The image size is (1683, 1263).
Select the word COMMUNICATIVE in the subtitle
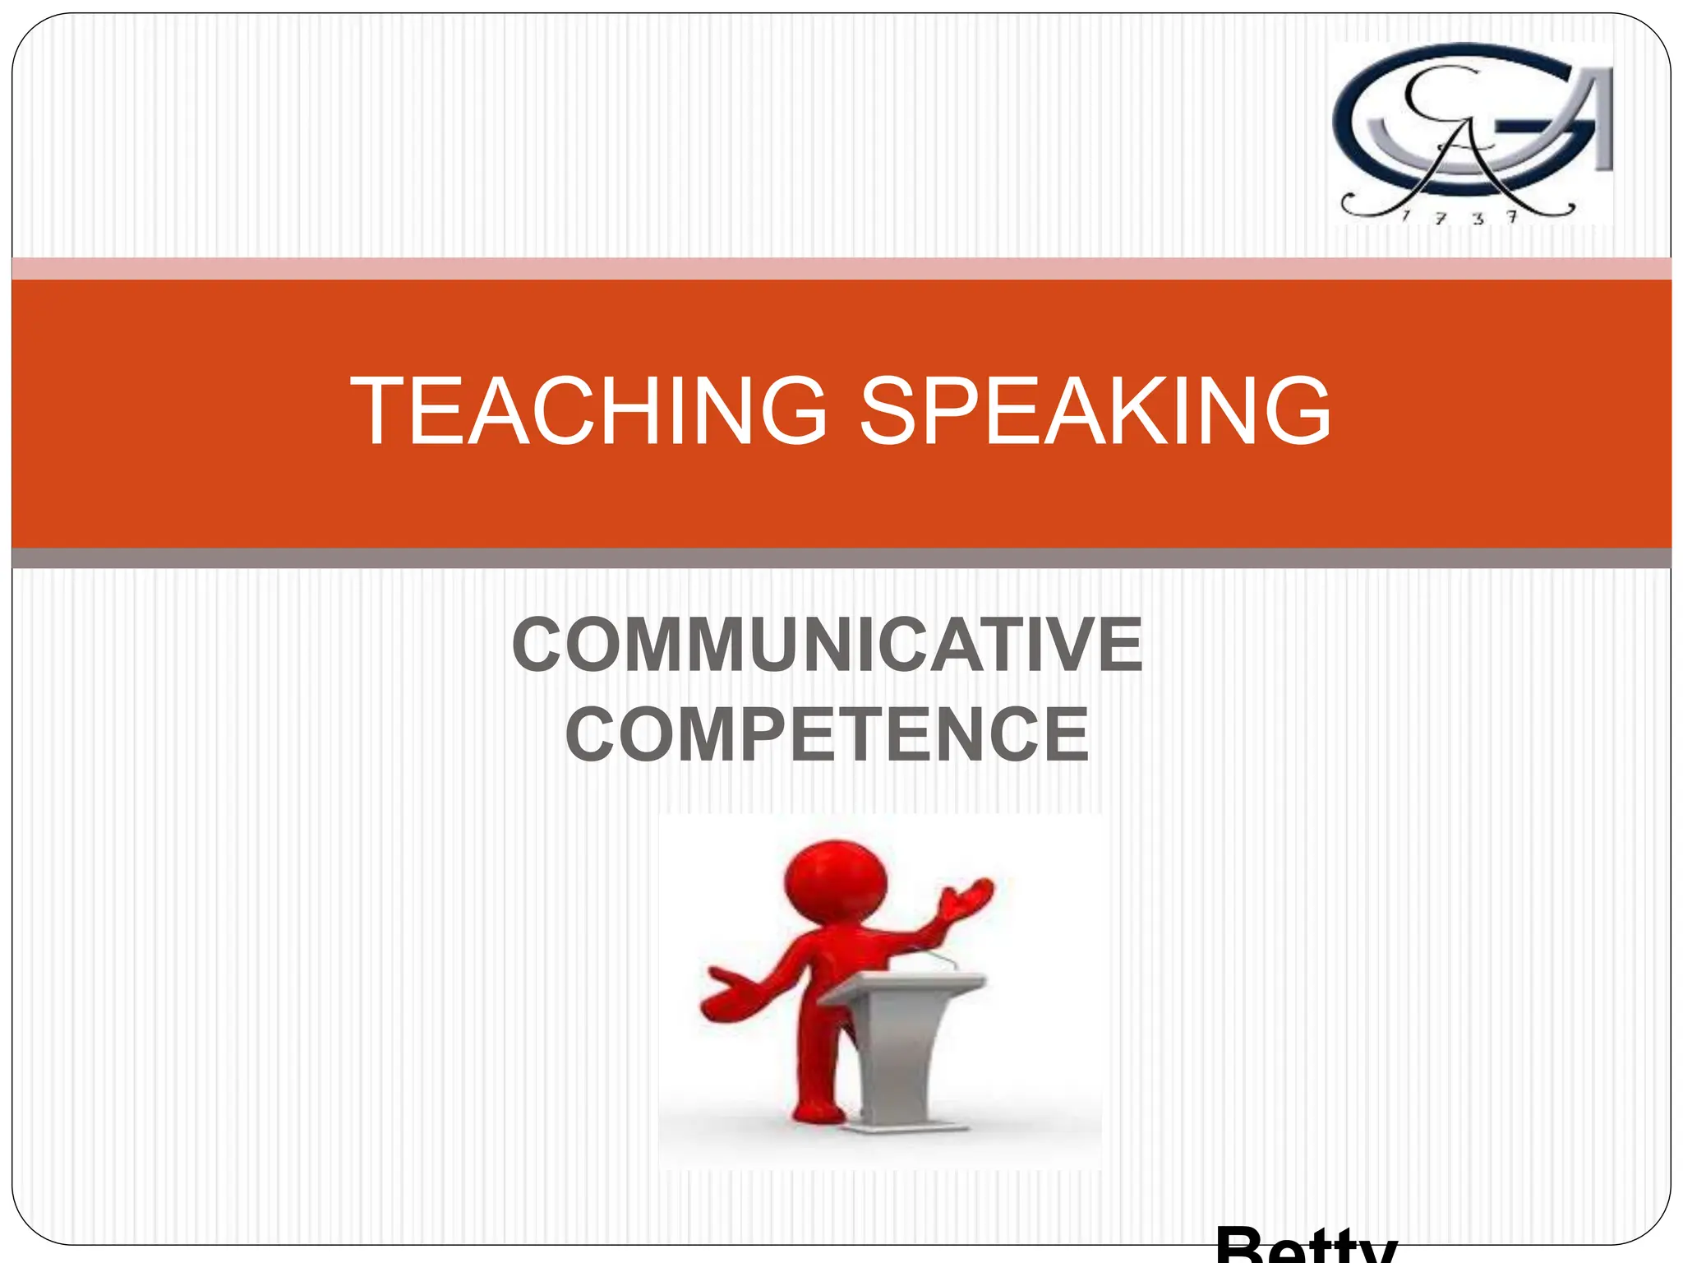(x=827, y=645)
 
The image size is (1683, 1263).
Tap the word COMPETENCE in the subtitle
(x=827, y=734)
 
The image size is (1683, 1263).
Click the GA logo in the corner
(x=1471, y=132)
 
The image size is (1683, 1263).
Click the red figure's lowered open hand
(x=727, y=995)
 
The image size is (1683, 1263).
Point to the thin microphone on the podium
(x=937, y=959)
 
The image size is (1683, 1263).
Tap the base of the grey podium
(x=900, y=1127)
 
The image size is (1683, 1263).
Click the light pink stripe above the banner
(x=841, y=269)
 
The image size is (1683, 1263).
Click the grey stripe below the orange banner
(x=841, y=558)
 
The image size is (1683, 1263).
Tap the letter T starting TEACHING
(x=380, y=411)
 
